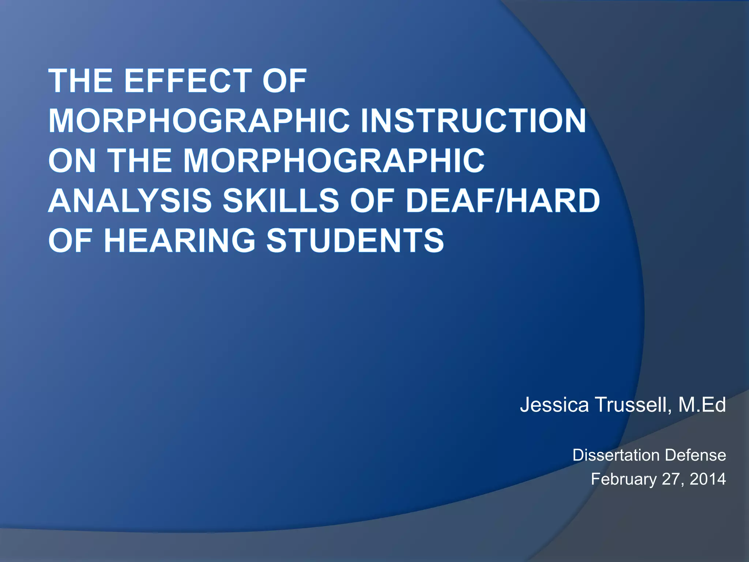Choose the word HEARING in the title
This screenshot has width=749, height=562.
tap(179, 240)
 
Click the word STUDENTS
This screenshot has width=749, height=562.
tap(355, 240)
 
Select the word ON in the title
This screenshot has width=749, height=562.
tap(72, 161)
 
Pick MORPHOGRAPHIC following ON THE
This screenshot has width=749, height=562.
tap(334, 161)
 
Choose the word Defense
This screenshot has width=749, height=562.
tap(696, 455)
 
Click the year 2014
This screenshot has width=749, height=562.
tap(708, 479)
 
